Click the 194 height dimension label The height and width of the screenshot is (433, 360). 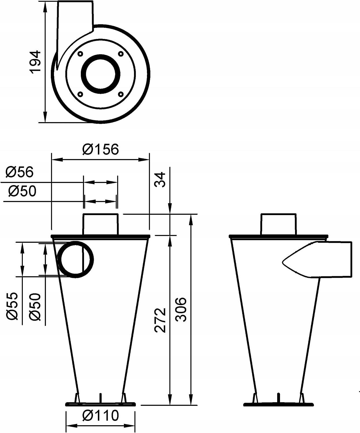(36, 62)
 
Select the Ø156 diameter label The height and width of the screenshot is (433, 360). (100, 149)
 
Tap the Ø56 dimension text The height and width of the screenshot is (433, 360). (19, 172)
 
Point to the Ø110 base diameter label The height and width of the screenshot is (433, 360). (100, 416)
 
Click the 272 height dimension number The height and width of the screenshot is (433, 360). (161, 320)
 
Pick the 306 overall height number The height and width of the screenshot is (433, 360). (181, 309)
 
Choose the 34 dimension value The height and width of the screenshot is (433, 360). (161, 180)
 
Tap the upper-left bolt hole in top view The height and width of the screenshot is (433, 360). (81, 54)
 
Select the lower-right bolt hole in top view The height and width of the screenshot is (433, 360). (121, 94)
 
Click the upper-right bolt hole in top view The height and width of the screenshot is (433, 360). (121, 54)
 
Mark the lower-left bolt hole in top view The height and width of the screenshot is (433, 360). (81, 94)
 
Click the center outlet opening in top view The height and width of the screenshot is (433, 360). (101, 74)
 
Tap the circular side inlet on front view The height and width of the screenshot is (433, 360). (76, 260)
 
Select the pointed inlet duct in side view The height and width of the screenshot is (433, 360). (318, 260)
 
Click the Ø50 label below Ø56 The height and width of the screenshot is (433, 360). (22, 191)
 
